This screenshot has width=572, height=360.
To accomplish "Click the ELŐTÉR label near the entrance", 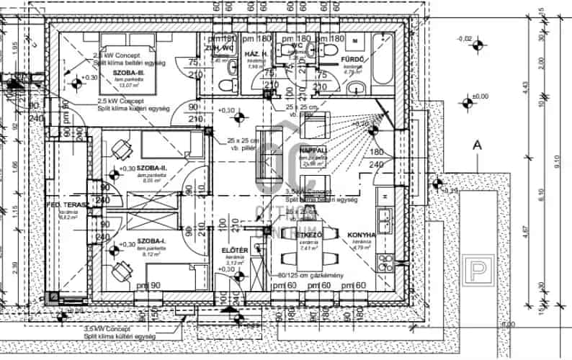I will tap(235, 250).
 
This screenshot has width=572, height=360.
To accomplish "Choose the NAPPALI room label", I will tap(313, 151).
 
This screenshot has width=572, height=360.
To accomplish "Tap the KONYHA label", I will tap(362, 235).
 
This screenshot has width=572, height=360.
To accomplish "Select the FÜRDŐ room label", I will tap(352, 60).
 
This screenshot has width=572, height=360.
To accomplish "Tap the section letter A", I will tap(476, 145).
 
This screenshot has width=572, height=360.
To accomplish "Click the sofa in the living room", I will tap(271, 155).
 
